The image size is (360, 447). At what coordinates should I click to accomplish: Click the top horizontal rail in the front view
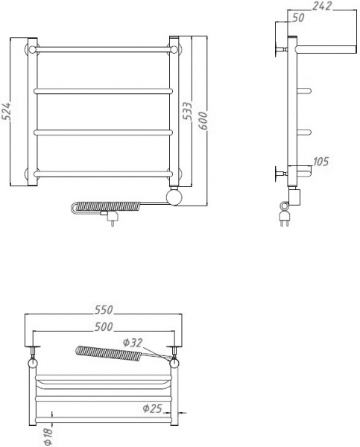click(x=104, y=51)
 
